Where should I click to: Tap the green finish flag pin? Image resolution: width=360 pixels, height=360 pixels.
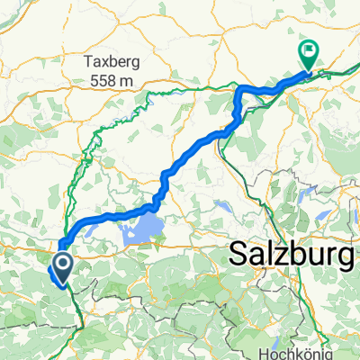pos(307,54)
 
